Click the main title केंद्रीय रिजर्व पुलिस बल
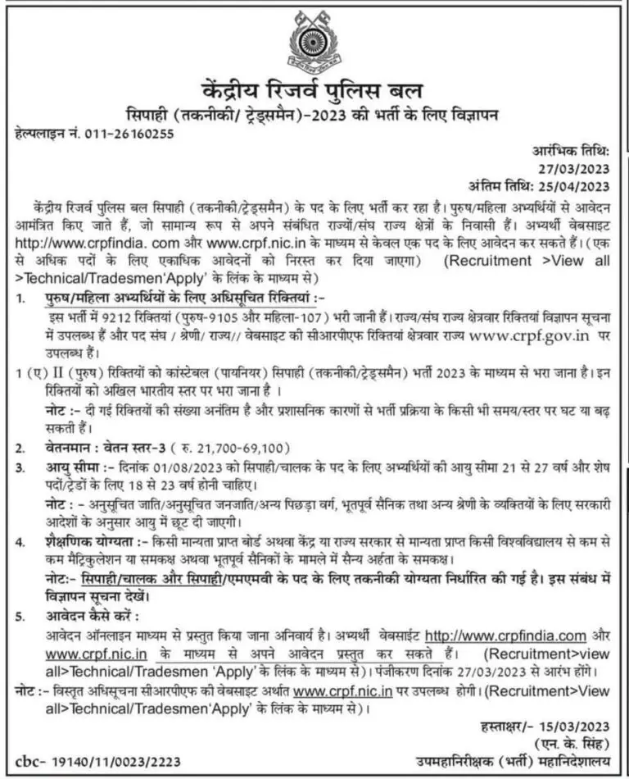point(314,89)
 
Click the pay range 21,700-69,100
point(244,449)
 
